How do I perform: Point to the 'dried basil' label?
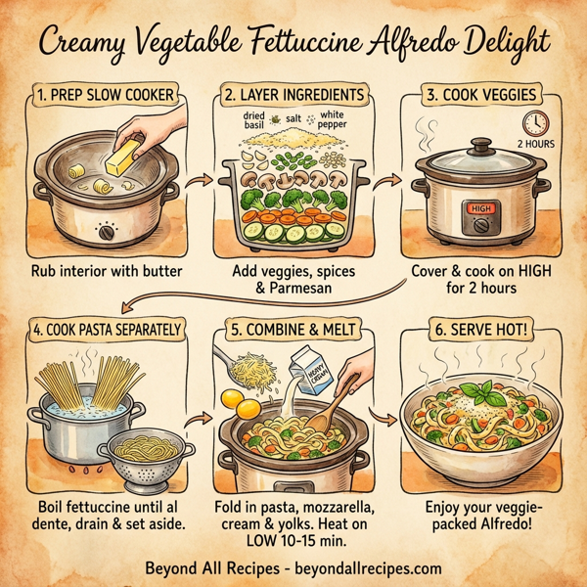(254, 121)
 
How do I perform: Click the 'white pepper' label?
(330, 120)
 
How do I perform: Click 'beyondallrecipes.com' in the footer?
(369, 568)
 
